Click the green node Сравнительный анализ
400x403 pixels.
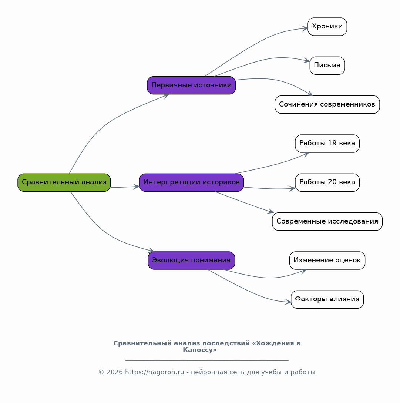[x=64, y=182]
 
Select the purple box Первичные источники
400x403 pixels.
[x=191, y=85]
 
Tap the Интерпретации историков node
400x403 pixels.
[x=191, y=182]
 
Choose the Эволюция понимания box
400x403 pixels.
[x=191, y=261]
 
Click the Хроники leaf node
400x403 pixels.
[x=327, y=27]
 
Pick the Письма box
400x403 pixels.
[x=327, y=66]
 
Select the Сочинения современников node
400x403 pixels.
[x=327, y=105]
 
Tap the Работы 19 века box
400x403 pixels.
[x=327, y=144]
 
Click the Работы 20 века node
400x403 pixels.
[x=327, y=182]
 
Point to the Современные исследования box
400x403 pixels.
[x=327, y=221]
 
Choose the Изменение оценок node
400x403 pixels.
[x=327, y=261]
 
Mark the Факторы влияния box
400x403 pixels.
[x=327, y=299]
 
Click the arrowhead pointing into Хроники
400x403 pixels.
[x=305, y=28]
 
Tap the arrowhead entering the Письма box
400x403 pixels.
[x=307, y=60]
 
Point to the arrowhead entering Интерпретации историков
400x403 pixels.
[x=136, y=187]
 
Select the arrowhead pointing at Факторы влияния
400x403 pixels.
[x=288, y=302]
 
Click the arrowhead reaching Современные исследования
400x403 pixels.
[x=271, y=211]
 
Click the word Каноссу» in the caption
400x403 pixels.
[x=200, y=350]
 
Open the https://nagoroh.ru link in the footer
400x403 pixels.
[x=155, y=372]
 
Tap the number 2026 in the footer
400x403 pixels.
[x=115, y=372]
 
